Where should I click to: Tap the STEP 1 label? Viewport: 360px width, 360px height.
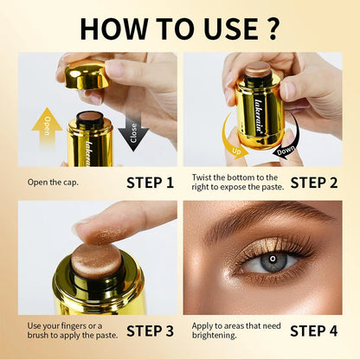pyautogui.click(x=150, y=182)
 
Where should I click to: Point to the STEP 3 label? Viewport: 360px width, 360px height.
pyautogui.click(x=150, y=331)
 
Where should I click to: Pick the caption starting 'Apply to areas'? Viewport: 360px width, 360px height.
pyautogui.click(x=232, y=331)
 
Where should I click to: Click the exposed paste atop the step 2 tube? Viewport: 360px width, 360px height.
pyautogui.click(x=256, y=69)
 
